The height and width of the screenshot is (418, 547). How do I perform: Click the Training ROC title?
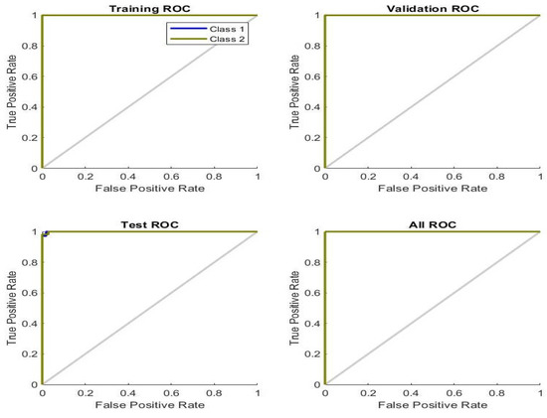point(149,9)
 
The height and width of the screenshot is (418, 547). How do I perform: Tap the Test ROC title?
point(149,224)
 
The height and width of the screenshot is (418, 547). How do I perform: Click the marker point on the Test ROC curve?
point(45,234)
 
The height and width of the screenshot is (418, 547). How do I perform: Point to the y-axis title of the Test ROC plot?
point(13,308)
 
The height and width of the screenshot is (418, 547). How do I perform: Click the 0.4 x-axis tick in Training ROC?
point(128,177)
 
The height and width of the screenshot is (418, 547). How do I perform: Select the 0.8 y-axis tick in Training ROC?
point(32,46)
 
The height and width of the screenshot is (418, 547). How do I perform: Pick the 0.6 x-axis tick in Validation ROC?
point(455,177)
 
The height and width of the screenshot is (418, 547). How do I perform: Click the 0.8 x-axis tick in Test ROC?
point(214,393)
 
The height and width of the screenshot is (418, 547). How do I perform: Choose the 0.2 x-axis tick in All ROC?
point(368,393)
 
